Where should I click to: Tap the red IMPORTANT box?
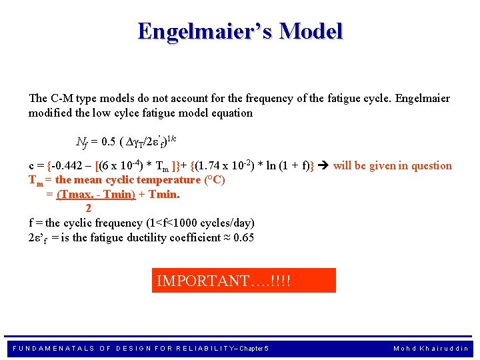244,281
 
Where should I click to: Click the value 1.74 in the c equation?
212,166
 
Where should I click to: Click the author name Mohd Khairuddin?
431,348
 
